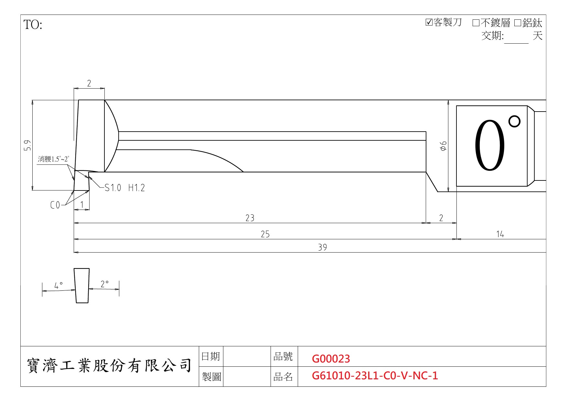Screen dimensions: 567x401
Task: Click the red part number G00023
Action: coord(331,359)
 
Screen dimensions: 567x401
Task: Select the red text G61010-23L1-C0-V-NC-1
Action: coord(375,375)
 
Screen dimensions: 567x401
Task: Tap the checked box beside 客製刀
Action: coord(429,22)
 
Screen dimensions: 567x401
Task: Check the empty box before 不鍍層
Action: coord(476,23)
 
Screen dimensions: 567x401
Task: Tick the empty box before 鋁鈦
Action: coord(518,23)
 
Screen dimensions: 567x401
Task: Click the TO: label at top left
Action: coord(33,25)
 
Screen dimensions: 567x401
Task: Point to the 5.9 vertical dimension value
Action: coord(27,145)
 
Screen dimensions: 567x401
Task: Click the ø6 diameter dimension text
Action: coord(443,146)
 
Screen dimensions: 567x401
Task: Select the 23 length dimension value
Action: coord(250,218)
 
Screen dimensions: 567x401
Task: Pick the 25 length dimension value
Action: coord(265,234)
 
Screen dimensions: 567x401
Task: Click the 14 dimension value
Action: coord(500,234)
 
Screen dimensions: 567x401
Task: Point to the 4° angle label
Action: coord(59,286)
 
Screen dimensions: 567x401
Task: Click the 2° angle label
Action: coord(104,284)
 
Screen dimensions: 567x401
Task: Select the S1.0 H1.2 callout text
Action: coord(125,188)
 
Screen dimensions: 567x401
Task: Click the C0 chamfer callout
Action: coord(55,205)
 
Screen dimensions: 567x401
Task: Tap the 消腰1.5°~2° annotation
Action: coord(53,159)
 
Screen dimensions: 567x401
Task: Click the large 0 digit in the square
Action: coord(489,146)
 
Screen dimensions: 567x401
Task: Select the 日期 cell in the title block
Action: coord(210,356)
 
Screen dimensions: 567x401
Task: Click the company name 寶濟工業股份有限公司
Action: coord(109,366)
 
